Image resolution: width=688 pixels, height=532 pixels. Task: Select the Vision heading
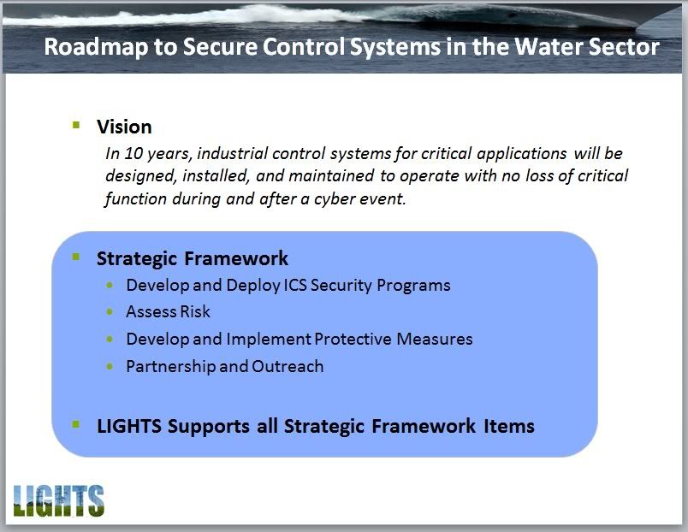(x=124, y=127)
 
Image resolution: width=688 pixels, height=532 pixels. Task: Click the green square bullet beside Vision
(x=76, y=125)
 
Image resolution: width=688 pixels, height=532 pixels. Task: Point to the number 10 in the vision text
(x=133, y=153)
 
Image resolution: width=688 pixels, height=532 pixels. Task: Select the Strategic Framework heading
(x=193, y=259)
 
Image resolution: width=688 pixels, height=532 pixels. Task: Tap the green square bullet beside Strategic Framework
(x=76, y=257)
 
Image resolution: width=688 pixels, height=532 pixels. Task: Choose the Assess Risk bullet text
(x=168, y=312)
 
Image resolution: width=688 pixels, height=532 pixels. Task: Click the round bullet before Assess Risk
(x=110, y=312)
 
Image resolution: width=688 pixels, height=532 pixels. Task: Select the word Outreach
(x=288, y=366)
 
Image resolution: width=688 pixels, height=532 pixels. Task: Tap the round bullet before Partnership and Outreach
(x=110, y=366)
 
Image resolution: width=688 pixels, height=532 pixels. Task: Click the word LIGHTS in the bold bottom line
(x=129, y=426)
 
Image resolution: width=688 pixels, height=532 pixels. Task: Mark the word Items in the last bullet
(x=509, y=426)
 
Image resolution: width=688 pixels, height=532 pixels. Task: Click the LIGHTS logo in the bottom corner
(x=58, y=500)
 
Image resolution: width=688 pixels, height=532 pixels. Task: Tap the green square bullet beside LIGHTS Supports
(x=76, y=424)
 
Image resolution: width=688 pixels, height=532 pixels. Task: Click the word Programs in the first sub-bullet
(x=413, y=286)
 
